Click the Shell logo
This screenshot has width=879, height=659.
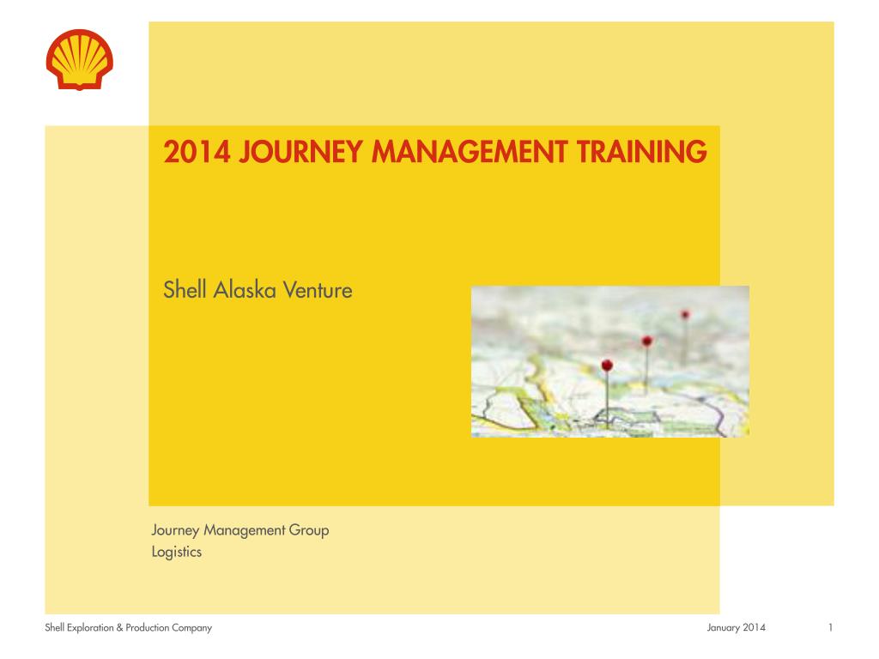click(x=80, y=59)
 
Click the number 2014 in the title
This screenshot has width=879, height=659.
click(x=197, y=152)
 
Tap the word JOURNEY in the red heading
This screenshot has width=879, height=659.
click(x=301, y=152)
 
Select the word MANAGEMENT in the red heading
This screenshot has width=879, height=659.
click(x=470, y=152)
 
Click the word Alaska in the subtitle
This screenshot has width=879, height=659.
click(x=245, y=290)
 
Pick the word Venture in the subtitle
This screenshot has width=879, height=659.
click(x=318, y=290)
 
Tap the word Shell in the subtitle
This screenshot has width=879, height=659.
click(x=185, y=290)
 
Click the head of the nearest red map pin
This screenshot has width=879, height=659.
click(x=607, y=366)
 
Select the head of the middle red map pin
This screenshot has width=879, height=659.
click(x=647, y=341)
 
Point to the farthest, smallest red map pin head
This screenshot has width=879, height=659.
click(x=685, y=314)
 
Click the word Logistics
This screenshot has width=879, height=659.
click(x=177, y=552)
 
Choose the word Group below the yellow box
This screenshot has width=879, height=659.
click(x=309, y=530)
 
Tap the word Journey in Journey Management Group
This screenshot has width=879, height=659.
click(x=175, y=530)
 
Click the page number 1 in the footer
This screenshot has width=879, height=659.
click(x=830, y=627)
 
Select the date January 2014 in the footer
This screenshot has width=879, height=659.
click(x=736, y=627)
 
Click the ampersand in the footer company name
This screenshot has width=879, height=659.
click(x=119, y=627)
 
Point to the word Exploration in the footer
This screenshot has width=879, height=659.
click(x=90, y=627)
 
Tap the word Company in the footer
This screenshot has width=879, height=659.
click(x=191, y=628)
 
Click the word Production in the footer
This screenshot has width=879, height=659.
click(x=148, y=627)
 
